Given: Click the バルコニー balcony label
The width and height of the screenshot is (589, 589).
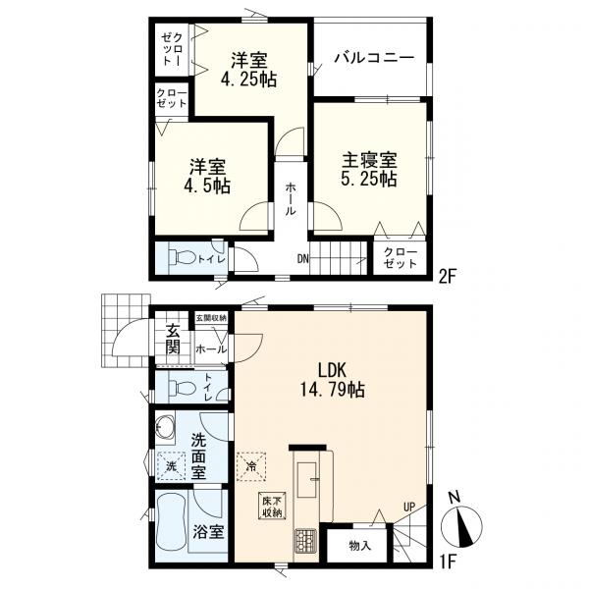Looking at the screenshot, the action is (375, 58).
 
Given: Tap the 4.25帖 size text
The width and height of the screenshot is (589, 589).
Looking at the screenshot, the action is (248, 80).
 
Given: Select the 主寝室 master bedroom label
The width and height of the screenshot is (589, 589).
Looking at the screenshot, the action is (369, 160).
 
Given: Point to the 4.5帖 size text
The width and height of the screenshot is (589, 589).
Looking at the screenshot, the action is (207, 186).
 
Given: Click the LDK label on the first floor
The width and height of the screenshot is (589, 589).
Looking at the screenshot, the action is (332, 371).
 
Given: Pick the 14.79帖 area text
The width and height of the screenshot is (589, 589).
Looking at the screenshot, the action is (332, 390).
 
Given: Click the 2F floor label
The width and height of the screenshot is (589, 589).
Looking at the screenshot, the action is (447, 278).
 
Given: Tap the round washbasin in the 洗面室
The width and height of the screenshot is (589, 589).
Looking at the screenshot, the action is (164, 427).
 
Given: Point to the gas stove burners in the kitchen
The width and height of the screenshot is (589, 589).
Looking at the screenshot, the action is (305, 541).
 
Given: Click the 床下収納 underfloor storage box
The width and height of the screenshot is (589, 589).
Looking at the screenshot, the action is (272, 506).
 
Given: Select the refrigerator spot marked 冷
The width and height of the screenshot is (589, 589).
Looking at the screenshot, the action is (251, 466).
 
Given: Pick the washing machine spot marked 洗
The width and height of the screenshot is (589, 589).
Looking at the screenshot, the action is (171, 466).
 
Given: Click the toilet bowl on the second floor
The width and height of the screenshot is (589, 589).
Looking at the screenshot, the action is (183, 257).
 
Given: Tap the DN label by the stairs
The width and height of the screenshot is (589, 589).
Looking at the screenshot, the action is (302, 258).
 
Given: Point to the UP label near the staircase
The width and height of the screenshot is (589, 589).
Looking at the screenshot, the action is (409, 508).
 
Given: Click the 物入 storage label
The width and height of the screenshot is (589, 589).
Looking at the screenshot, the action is (360, 546).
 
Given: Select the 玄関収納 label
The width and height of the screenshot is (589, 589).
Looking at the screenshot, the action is (211, 318).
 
